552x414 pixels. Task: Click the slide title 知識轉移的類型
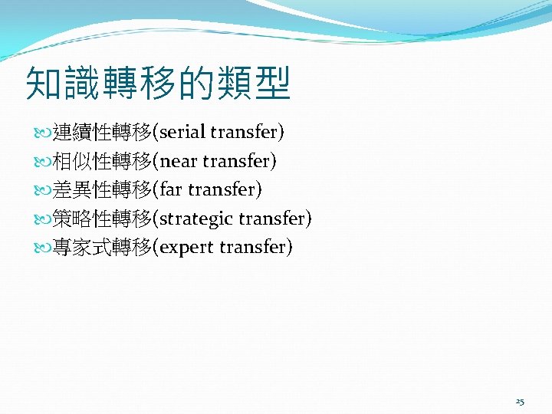pos(158,84)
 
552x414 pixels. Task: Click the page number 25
pos(520,402)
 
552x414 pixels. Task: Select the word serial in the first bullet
pos(182,133)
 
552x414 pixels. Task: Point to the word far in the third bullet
pos(172,189)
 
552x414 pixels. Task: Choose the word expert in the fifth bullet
pos(187,247)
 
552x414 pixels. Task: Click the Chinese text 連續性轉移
pos(102,133)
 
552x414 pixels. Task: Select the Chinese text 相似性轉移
pos(102,161)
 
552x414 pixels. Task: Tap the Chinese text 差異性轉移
pos(102,189)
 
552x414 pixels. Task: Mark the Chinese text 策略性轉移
pos(102,219)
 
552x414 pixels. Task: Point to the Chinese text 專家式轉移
pos(102,247)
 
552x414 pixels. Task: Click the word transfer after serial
pos(244,133)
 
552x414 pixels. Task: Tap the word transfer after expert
pos(252,247)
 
